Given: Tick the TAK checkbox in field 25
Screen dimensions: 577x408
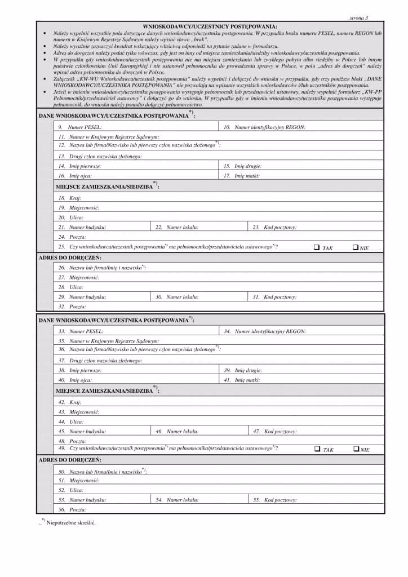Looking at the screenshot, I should pyautogui.click(x=317, y=247).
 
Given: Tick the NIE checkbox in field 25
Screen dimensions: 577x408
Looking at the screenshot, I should pyautogui.click(x=356, y=247).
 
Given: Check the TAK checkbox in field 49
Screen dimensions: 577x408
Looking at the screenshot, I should pyautogui.click(x=317, y=449).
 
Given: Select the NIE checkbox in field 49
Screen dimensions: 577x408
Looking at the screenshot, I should pyautogui.click(x=356, y=449).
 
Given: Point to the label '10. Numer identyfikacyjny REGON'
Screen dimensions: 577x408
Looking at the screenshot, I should pyautogui.click(x=264, y=128).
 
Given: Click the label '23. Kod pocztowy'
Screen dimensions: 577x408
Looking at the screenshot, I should pyautogui.click(x=274, y=228).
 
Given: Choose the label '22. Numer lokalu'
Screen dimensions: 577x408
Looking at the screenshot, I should pyautogui.click(x=177, y=228).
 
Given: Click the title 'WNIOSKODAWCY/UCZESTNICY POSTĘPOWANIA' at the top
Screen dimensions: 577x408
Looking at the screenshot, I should pyautogui.click(x=210, y=26).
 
